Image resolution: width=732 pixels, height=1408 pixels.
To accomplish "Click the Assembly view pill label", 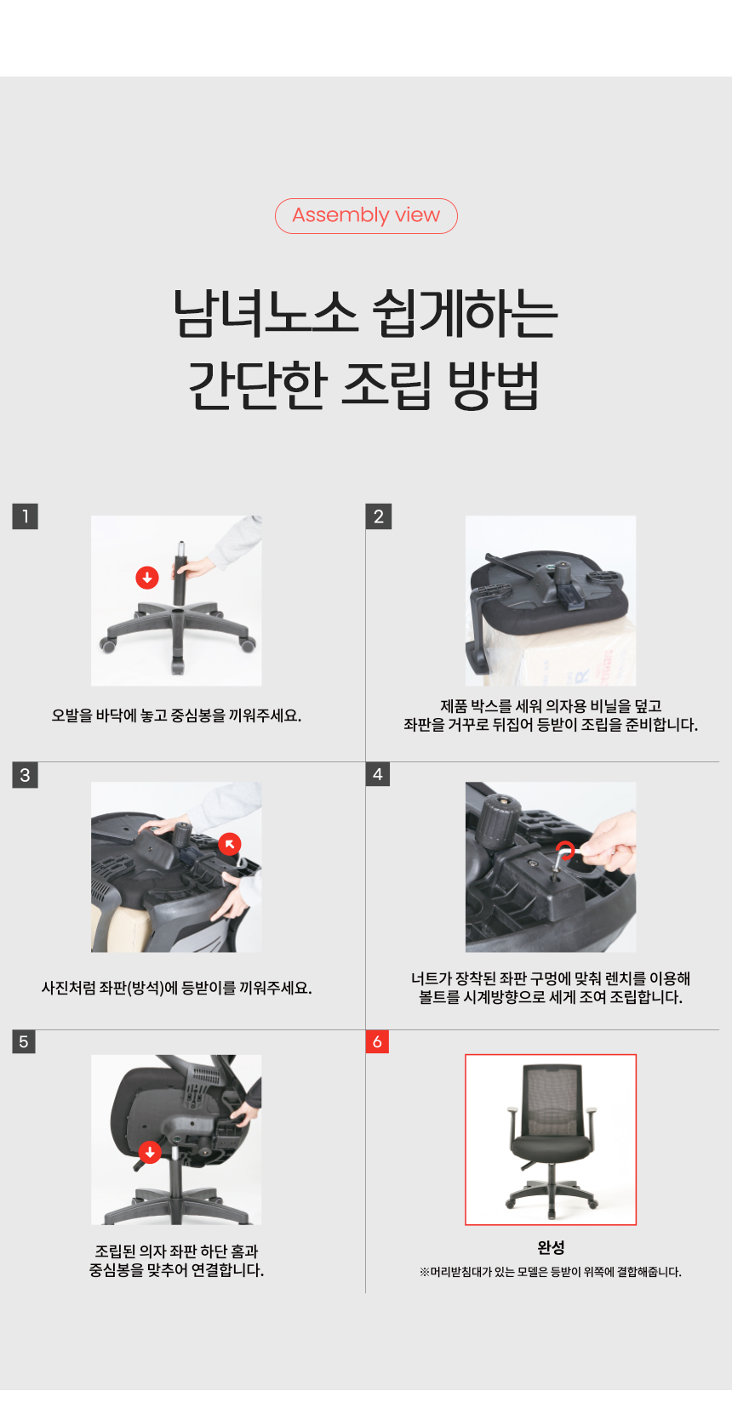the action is coord(366,215).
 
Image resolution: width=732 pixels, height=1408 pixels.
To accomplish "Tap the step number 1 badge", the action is coord(26,516).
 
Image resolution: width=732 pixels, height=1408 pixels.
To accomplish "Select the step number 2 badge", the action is coord(379,516).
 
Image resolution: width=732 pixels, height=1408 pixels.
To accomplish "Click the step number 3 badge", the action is coord(26,774).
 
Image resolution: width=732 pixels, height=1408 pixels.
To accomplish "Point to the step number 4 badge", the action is coord(377,774).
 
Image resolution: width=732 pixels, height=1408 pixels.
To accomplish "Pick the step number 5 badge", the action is coord(24,1041).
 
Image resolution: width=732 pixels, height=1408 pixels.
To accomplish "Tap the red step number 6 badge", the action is coord(377,1041).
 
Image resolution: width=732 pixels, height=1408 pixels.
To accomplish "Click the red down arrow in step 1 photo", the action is coord(147,578).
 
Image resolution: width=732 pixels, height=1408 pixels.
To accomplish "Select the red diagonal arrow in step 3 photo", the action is coord(230,844).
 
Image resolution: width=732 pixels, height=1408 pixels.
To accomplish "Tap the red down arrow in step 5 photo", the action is coord(150,1152).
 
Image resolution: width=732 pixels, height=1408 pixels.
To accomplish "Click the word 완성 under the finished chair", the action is coord(551,1247).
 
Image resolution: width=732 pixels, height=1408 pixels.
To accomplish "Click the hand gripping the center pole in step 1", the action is coord(197,568).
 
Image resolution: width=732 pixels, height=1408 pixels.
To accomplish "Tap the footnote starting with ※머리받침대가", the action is coord(551,1272).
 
